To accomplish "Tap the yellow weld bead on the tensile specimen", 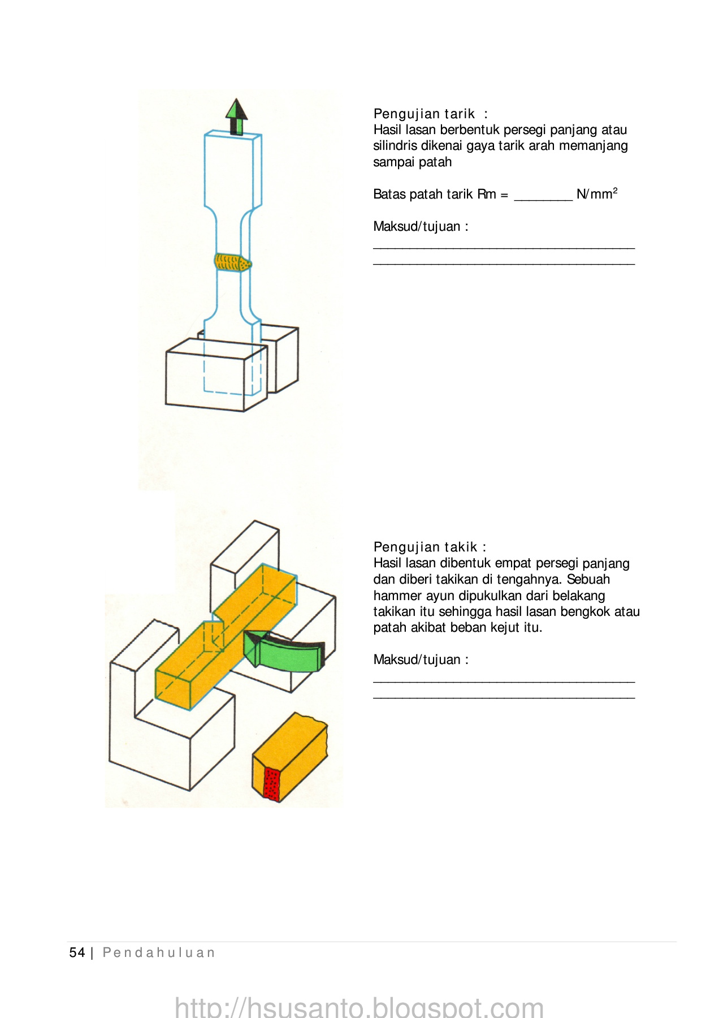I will tap(232, 262).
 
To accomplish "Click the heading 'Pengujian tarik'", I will tap(424, 114).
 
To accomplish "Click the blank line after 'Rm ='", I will tap(543, 196).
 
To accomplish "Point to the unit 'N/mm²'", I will tap(596, 194).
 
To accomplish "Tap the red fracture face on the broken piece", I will tap(272, 783).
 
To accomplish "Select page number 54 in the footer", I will tap(77, 952).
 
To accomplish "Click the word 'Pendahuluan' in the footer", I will tap(159, 952).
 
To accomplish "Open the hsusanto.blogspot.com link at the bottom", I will tap(359, 1007).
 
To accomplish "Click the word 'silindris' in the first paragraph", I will tap(395, 146).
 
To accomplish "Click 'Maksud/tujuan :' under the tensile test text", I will tap(421, 227).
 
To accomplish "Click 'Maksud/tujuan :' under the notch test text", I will tap(421, 659).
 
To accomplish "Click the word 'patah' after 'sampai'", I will tap(436, 162).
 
